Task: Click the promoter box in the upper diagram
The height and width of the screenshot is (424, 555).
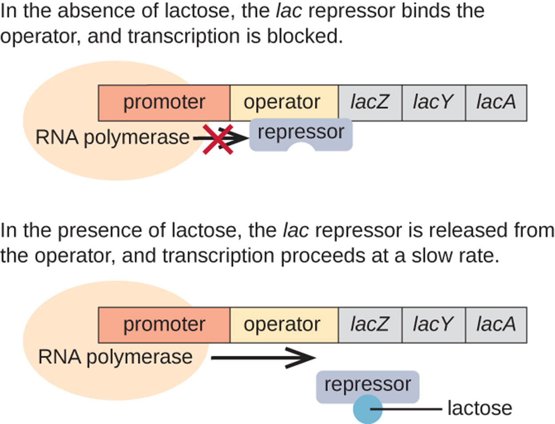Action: pyautogui.click(x=164, y=103)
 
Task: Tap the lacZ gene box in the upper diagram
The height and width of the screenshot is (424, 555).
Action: pyautogui.click(x=370, y=103)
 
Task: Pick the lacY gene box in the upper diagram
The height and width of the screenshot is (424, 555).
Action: pyautogui.click(x=433, y=103)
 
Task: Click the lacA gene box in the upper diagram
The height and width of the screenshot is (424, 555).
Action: pyautogui.click(x=496, y=103)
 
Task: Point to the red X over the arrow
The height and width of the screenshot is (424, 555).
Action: pyautogui.click(x=218, y=140)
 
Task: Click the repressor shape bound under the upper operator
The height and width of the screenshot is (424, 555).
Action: pyautogui.click(x=301, y=133)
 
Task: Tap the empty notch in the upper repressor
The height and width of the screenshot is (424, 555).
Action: pyautogui.click(x=301, y=148)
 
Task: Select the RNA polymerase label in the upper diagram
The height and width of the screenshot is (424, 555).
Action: pyautogui.click(x=112, y=137)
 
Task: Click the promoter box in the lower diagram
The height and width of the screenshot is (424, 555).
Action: pyautogui.click(x=164, y=324)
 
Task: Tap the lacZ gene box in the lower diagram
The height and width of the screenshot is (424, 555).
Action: pyautogui.click(x=370, y=324)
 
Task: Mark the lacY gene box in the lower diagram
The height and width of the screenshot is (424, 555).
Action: pyautogui.click(x=433, y=324)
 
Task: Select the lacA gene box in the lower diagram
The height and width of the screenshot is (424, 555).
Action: pyautogui.click(x=496, y=324)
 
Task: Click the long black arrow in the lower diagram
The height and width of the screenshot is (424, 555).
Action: pyautogui.click(x=262, y=357)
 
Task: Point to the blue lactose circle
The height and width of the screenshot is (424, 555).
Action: pyautogui.click(x=368, y=409)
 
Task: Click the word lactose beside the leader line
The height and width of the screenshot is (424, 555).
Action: pyautogui.click(x=480, y=408)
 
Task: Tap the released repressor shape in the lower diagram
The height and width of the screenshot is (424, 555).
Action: pyautogui.click(x=368, y=385)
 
